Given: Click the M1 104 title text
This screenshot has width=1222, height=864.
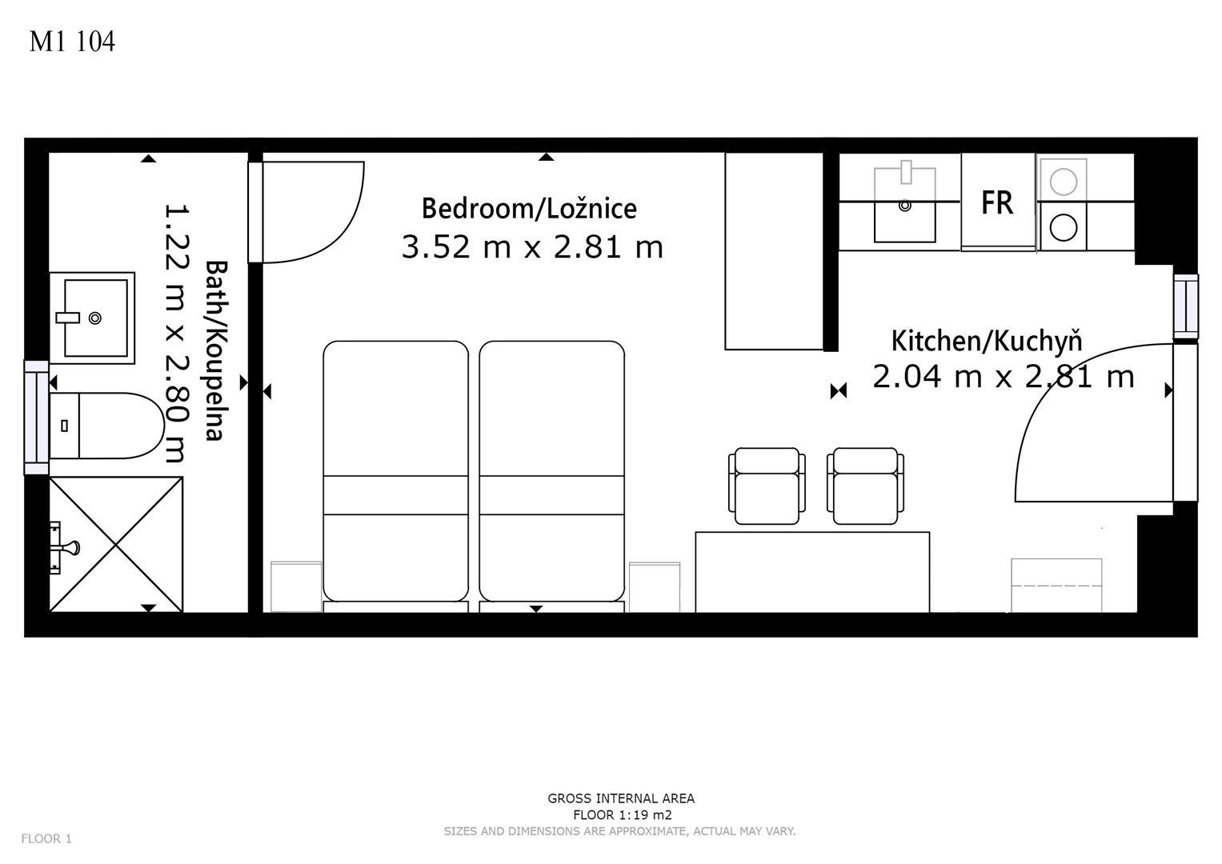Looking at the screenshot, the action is [72, 42].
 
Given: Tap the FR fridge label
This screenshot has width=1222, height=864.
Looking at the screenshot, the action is [997, 202].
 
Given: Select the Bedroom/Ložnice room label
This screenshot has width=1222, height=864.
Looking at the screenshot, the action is [529, 208].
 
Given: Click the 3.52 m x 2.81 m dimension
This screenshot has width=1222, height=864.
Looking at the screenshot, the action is [532, 246].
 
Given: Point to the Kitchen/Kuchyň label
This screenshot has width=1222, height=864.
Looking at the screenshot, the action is [987, 342].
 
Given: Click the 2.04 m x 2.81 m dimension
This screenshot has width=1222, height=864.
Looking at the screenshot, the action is [1004, 376].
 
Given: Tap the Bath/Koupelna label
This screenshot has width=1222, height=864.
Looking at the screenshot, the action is [216, 350].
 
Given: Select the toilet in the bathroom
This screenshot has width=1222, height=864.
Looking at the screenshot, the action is [107, 426].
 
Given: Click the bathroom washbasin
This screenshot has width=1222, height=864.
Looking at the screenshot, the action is [92, 318].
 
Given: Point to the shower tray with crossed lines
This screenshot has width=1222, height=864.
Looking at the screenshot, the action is [116, 544].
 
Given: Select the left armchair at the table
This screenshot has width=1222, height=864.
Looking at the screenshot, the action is [767, 486].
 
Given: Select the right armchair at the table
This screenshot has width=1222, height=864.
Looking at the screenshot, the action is [865, 486].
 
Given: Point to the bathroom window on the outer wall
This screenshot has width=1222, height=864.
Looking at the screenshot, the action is [37, 418].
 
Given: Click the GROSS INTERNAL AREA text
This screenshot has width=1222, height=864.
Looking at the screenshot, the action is [621, 798].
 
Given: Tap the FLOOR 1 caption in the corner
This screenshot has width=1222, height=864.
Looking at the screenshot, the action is [46, 838].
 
